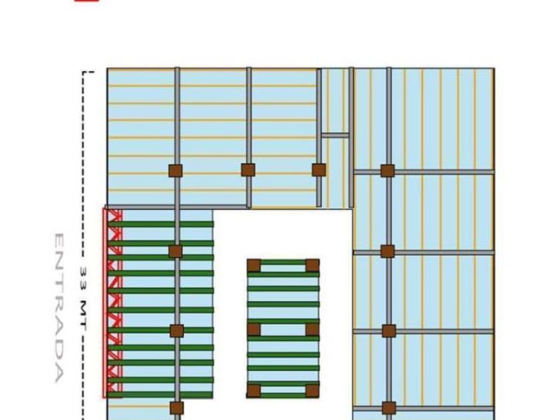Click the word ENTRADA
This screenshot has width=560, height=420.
coord(59,307)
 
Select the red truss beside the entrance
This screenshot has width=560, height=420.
coord(113,303)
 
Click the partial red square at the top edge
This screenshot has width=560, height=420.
coord(86,1)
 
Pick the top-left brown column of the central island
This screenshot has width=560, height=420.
coord(254,266)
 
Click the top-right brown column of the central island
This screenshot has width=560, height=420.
coord(312,266)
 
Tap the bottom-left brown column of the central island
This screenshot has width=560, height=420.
coord(254,391)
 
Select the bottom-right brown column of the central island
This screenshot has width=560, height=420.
coord(312,391)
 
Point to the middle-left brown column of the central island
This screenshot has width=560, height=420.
coord(254,329)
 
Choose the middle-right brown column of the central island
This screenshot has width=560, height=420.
coord(312,329)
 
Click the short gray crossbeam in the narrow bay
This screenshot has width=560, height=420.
coord(335,135)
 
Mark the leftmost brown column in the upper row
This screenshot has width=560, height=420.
coord(175,170)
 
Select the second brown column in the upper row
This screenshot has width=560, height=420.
coord(248,170)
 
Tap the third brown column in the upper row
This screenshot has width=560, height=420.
coord(319,170)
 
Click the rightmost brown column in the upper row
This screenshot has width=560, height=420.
coord(388,171)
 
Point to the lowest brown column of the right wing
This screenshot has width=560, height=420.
coord(389,408)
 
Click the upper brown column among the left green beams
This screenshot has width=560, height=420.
coord(175,251)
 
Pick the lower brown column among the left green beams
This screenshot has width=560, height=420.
coord(176,331)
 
